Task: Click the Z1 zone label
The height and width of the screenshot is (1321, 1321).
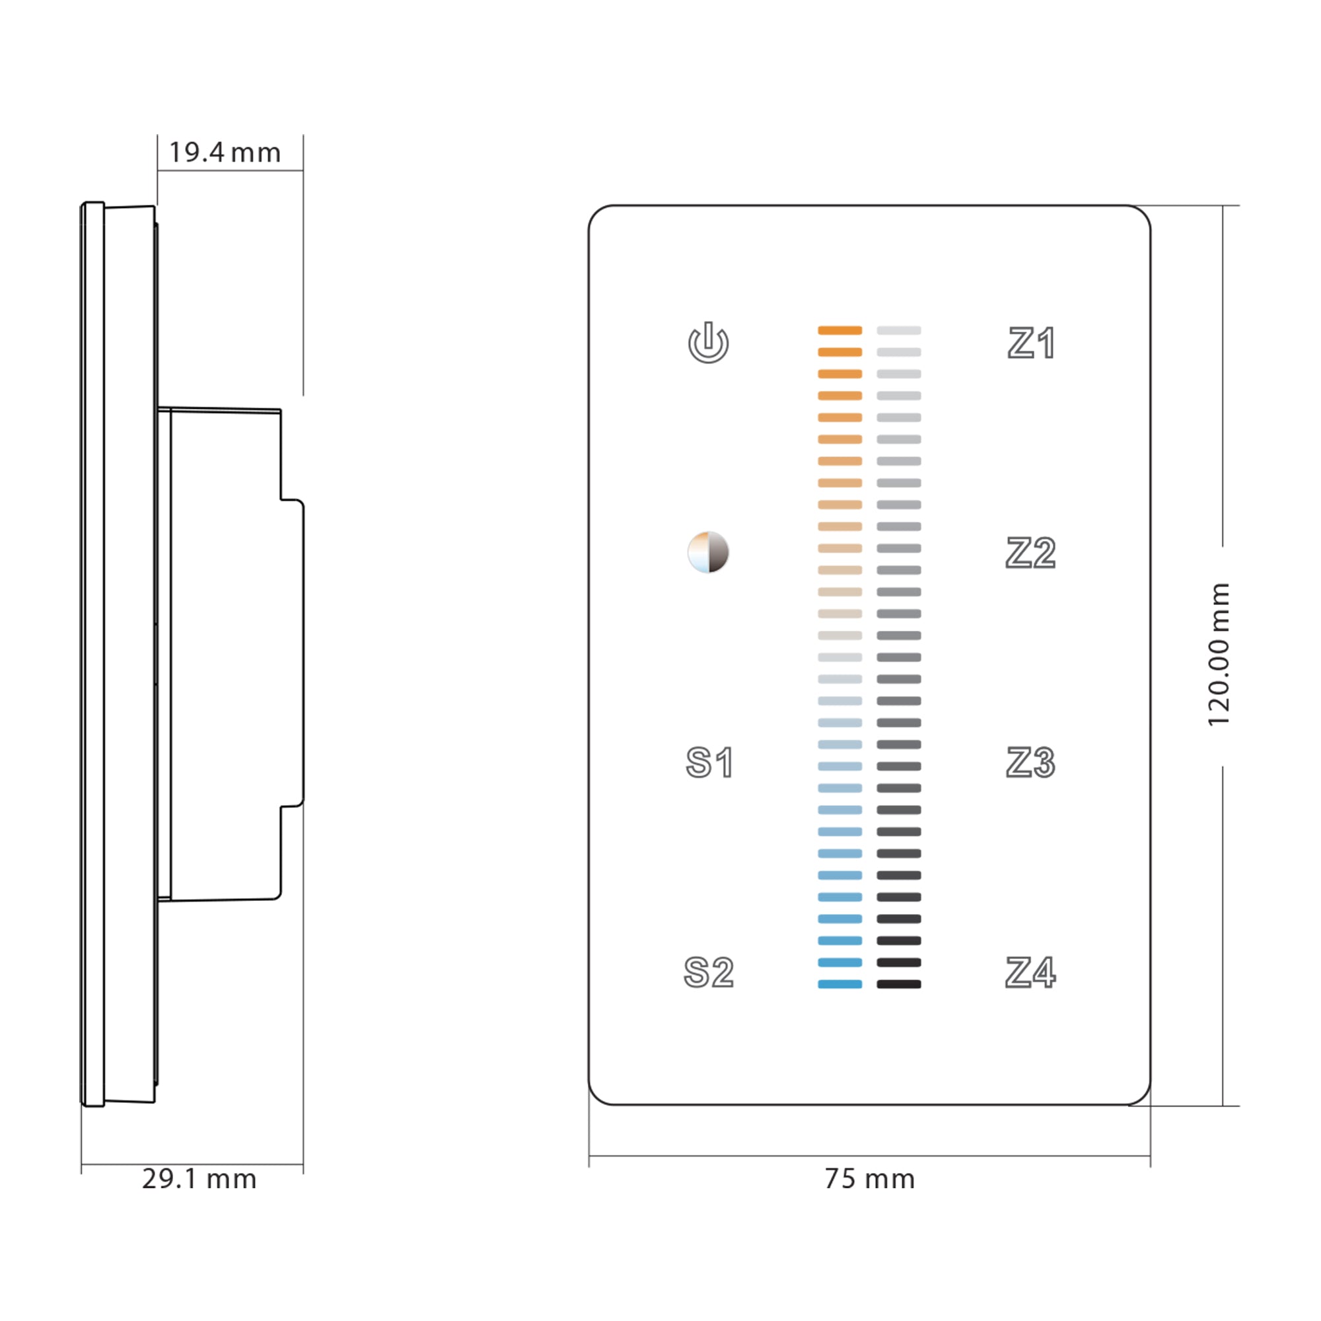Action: tap(1031, 343)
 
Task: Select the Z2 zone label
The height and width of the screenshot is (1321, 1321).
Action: tap(1030, 552)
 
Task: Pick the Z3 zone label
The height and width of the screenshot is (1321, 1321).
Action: tap(1030, 762)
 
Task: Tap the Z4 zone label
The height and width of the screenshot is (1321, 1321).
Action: tap(1030, 972)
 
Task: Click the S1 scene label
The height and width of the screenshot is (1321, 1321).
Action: tap(709, 762)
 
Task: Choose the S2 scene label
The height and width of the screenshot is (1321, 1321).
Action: tap(708, 972)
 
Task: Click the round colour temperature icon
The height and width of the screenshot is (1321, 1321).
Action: tap(708, 552)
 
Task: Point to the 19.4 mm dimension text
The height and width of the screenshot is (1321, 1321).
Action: tap(225, 153)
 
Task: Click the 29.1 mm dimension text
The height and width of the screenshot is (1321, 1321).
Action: tap(199, 1179)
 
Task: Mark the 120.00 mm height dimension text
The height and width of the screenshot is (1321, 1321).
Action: tap(1219, 655)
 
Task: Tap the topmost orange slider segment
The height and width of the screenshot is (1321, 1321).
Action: tap(839, 330)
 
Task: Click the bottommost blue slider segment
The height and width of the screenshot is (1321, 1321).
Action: tap(839, 984)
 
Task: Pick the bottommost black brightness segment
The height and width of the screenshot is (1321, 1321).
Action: tap(898, 984)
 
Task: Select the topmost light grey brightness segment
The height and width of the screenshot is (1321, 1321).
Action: tap(898, 330)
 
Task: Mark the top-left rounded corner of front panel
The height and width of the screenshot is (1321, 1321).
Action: tap(596, 213)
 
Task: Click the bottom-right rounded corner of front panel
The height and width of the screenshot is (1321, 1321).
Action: tap(1142, 1096)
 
